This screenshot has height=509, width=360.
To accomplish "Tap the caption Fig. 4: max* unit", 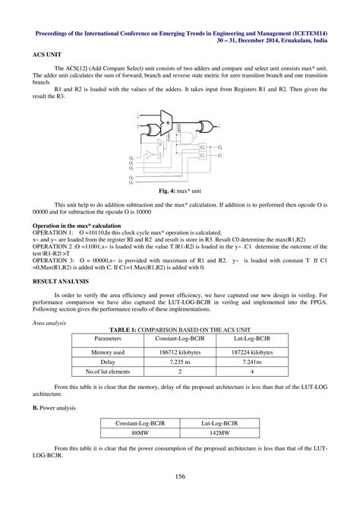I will (180, 192).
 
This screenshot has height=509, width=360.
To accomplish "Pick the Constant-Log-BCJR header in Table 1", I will (179, 337).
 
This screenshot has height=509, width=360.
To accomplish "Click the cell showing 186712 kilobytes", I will (179, 353).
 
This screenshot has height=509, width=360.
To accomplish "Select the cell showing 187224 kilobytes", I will (251, 353).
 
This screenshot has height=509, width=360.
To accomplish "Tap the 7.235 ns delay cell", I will (179, 363).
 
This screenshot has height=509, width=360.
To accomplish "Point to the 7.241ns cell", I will (251, 363).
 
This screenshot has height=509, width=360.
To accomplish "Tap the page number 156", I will (180, 477).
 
